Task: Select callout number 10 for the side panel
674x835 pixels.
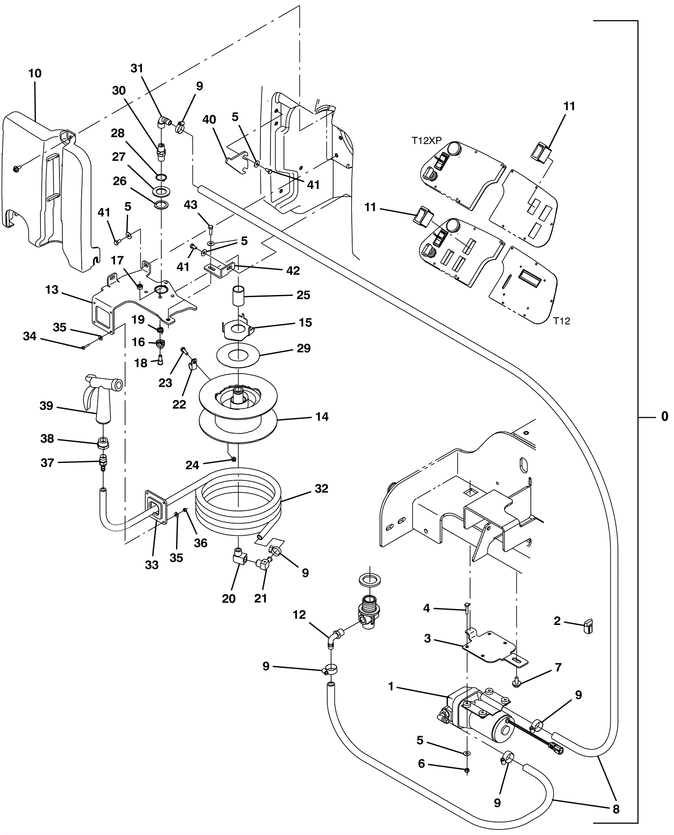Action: coord(35,74)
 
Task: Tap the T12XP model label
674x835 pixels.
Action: coord(426,141)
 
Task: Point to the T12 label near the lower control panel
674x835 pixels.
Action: coord(562,321)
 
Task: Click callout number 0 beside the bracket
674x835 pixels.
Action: coord(664,417)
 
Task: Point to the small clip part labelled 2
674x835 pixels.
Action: coord(588,626)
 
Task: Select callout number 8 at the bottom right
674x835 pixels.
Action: coord(616,809)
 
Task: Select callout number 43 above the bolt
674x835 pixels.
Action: coord(190,205)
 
